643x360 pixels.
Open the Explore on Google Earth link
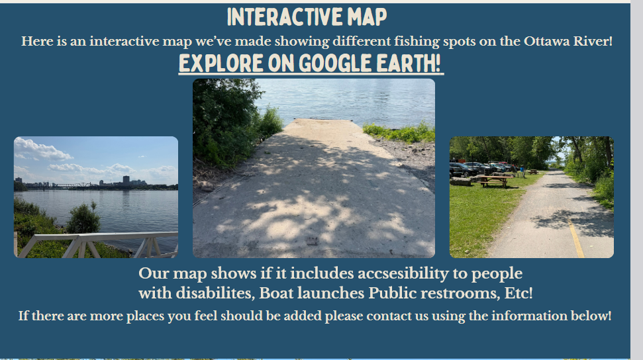[x=311, y=64]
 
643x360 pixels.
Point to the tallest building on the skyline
[x=126, y=181]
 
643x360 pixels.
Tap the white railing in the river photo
[x=97, y=244]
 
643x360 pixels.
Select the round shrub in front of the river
[x=83, y=218]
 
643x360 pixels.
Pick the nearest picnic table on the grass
[x=494, y=181]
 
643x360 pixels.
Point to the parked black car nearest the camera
[x=463, y=169]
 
